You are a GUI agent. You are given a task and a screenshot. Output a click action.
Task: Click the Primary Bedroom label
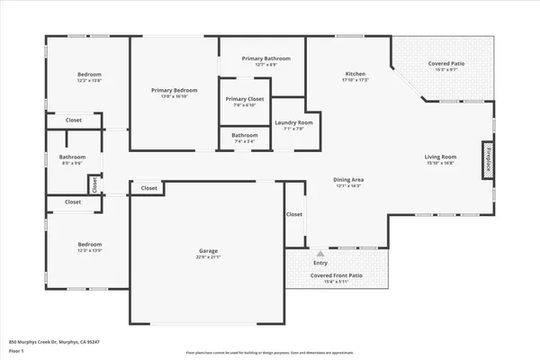click(x=174, y=90)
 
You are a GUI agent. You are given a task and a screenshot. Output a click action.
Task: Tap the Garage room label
click(x=209, y=250)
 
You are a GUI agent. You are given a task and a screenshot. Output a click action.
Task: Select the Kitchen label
click(x=355, y=73)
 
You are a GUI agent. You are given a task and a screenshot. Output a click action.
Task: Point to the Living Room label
click(x=441, y=157)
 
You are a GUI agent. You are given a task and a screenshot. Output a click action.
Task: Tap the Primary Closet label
click(x=245, y=99)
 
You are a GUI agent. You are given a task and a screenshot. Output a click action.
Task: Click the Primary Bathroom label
click(x=265, y=58)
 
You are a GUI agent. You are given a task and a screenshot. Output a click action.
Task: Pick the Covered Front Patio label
click(x=337, y=275)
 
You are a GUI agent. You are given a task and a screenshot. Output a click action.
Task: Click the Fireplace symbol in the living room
click(x=489, y=155)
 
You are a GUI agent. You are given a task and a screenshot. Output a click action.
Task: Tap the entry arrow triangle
click(x=321, y=254)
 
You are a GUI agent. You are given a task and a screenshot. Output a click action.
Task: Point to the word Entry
click(x=321, y=263)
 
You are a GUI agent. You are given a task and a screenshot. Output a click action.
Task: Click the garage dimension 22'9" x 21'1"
click(x=209, y=257)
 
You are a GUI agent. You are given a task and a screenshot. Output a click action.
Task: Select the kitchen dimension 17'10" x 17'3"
click(x=355, y=80)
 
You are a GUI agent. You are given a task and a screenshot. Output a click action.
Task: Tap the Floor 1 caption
click(x=17, y=352)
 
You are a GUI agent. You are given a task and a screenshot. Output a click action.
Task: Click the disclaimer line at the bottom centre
click(x=270, y=353)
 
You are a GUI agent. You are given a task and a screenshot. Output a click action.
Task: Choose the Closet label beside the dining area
click(x=294, y=214)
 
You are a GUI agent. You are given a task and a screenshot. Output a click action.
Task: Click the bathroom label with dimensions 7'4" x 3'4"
click(x=245, y=136)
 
